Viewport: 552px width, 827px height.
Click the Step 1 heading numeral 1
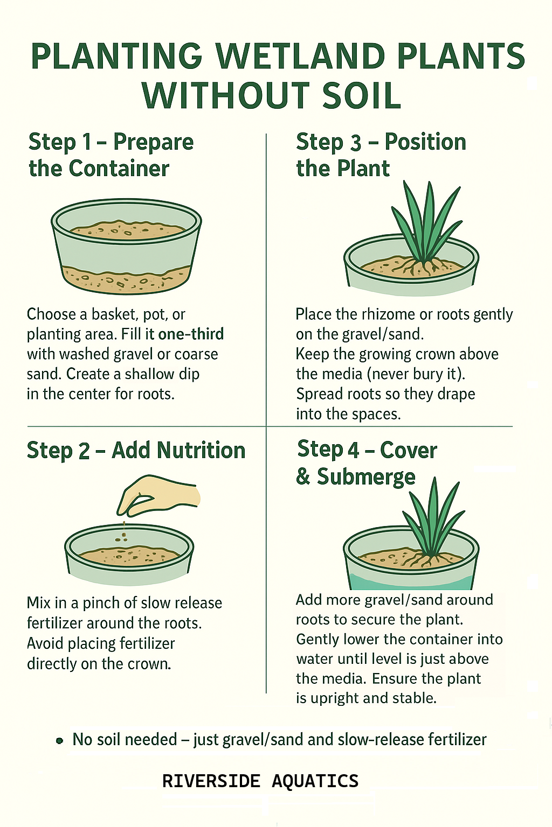tap(87, 143)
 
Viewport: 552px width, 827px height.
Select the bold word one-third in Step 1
tap(191, 334)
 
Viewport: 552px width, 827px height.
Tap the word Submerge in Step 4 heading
tap(366, 478)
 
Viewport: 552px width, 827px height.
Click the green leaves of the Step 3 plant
tap(425, 221)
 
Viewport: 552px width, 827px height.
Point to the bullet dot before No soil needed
tap(60, 741)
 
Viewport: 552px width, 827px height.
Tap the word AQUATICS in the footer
tap(315, 781)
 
